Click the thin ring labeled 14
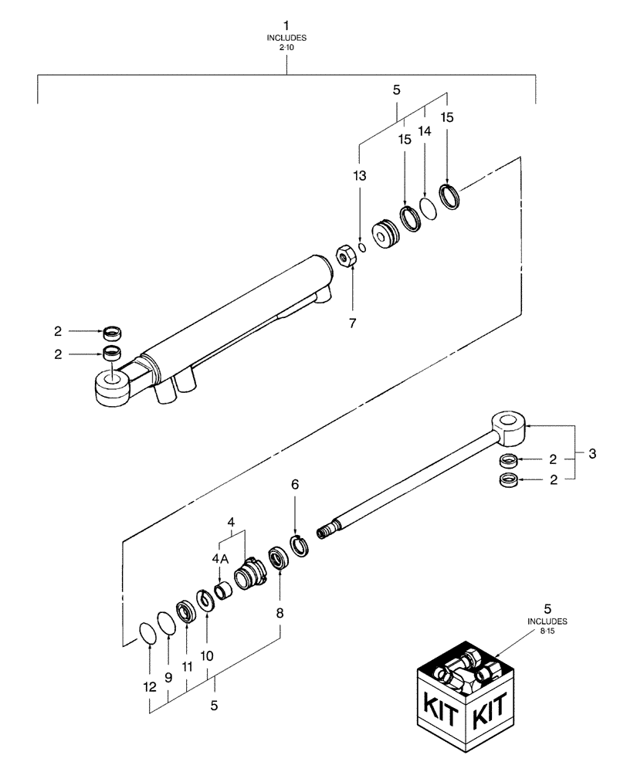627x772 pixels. tap(427, 207)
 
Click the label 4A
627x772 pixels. tap(219, 558)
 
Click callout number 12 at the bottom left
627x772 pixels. tap(149, 686)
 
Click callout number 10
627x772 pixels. tap(208, 654)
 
